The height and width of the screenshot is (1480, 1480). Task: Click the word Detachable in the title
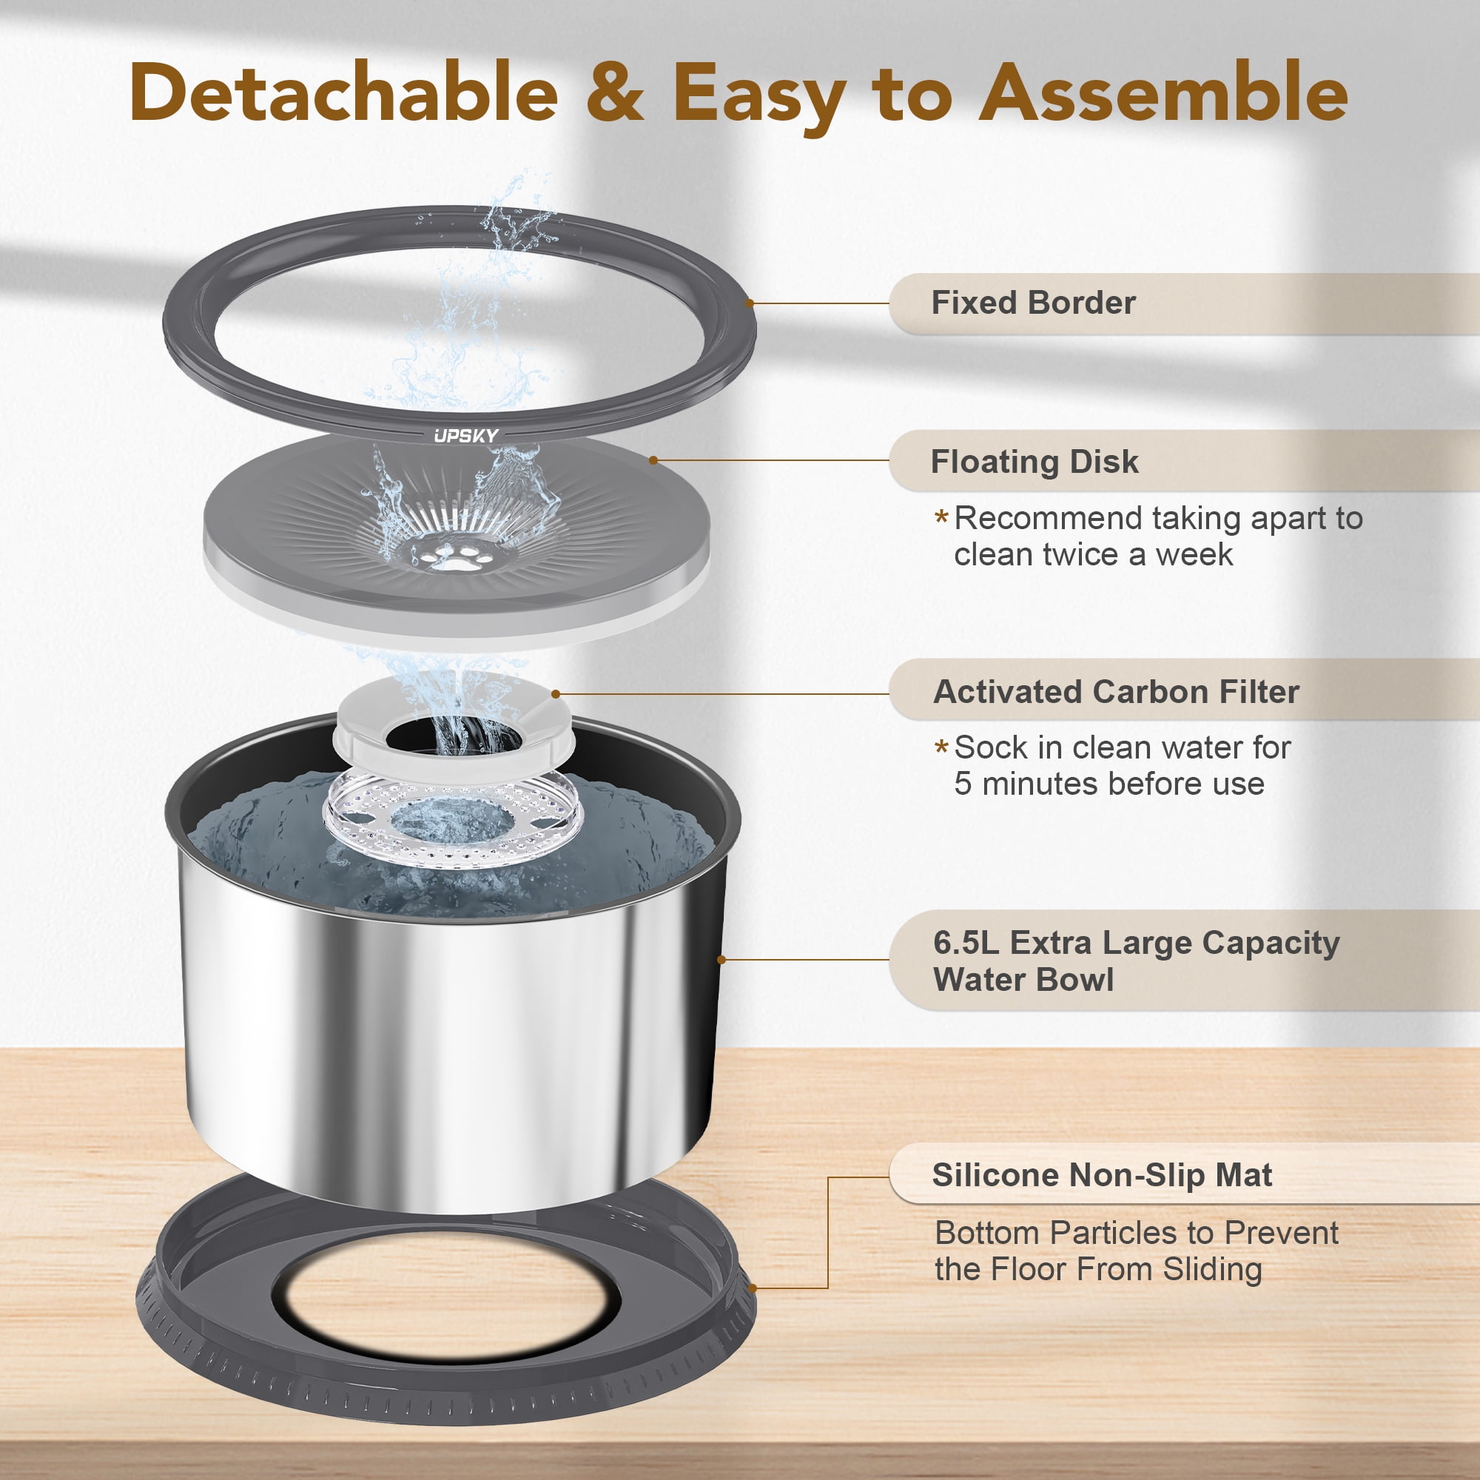[344, 92]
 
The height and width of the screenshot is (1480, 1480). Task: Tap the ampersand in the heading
[615, 92]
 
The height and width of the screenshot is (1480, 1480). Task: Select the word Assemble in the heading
[1163, 92]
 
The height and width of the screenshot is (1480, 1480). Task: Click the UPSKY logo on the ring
[465, 436]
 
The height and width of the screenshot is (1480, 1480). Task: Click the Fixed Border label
[1033, 303]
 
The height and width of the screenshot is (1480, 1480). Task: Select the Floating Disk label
[1035, 461]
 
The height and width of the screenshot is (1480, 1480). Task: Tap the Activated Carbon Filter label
[1116, 691]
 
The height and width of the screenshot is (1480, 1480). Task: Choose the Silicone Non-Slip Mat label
[1103, 1174]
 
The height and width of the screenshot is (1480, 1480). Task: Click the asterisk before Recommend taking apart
[941, 517]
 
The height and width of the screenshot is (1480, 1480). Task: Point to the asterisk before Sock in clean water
[941, 745]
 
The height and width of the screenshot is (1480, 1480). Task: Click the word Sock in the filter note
[989, 747]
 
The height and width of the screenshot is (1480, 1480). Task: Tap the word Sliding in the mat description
[1213, 1269]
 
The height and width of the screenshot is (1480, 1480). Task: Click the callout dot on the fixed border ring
[749, 303]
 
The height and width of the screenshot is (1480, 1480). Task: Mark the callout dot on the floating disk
[653, 460]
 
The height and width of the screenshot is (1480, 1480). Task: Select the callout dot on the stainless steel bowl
[721, 959]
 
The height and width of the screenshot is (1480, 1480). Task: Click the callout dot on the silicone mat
[753, 1288]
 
